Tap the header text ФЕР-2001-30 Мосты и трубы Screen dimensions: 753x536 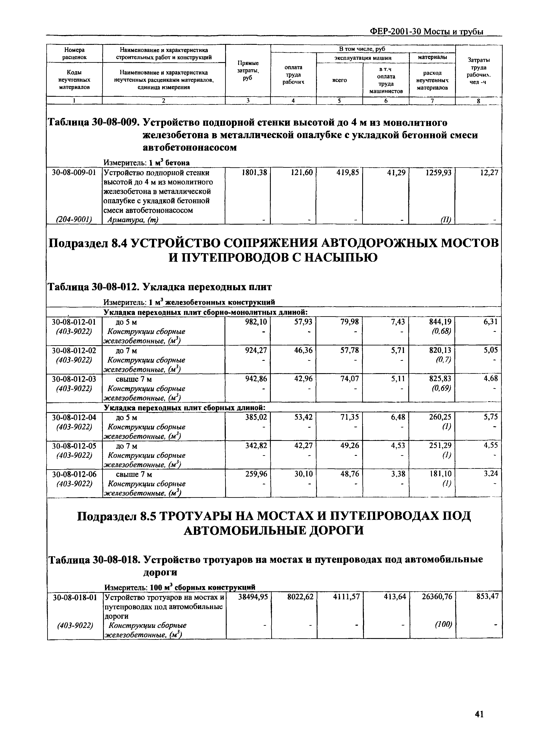[427, 32]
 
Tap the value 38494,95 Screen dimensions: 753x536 [253, 596]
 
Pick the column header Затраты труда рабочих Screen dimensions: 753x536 [479, 71]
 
